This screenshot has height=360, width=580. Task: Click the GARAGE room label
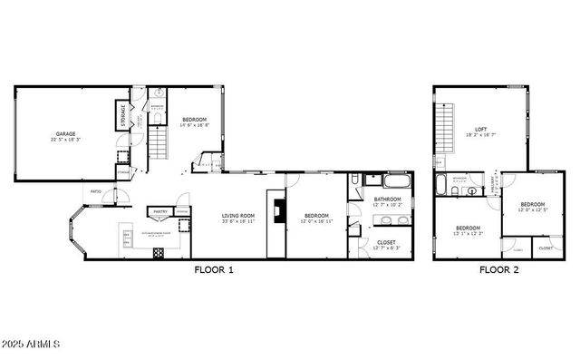(x=64, y=133)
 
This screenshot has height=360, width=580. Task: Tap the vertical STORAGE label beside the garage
(x=122, y=116)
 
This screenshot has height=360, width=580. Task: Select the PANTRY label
(x=160, y=212)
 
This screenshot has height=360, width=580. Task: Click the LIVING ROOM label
(x=238, y=215)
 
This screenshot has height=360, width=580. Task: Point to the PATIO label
(x=95, y=191)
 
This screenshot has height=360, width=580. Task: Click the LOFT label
(x=481, y=129)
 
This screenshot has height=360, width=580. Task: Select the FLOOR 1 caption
(x=214, y=269)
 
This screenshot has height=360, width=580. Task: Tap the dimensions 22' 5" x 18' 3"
(x=64, y=140)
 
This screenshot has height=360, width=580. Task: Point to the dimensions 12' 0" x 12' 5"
(x=533, y=210)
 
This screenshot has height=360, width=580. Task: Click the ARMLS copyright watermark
(x=32, y=344)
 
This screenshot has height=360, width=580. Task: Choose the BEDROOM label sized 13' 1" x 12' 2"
(x=468, y=228)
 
